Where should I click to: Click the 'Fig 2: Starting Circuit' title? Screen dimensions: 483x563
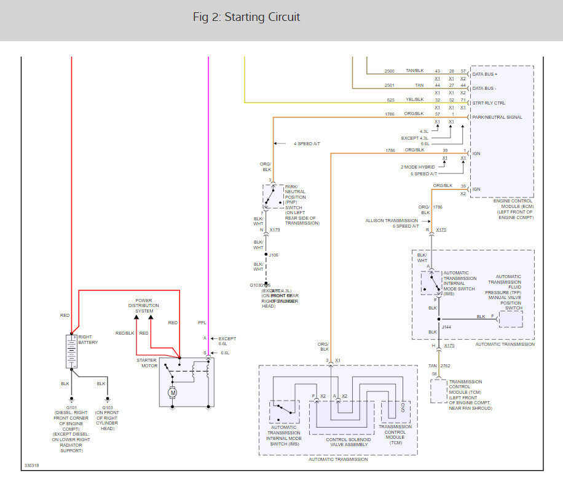[x=246, y=17]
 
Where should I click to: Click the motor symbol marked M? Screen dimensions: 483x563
[x=173, y=393]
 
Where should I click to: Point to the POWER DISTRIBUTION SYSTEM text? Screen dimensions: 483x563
[x=144, y=306]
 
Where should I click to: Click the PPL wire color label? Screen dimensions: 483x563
[x=202, y=322]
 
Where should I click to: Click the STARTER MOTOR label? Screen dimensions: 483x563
[x=146, y=363]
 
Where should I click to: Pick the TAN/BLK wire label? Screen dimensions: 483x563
[x=415, y=71]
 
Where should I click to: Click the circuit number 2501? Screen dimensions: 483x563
[x=390, y=85]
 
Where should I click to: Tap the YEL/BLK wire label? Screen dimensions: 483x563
[x=414, y=100]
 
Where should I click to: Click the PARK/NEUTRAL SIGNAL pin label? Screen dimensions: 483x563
[x=497, y=117]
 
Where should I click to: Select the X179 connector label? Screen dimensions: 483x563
[x=275, y=230]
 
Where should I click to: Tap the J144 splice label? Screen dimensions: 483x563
[x=446, y=327]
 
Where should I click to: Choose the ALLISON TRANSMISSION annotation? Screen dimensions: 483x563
[x=392, y=220]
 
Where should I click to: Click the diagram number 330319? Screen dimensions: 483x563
[x=32, y=466]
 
